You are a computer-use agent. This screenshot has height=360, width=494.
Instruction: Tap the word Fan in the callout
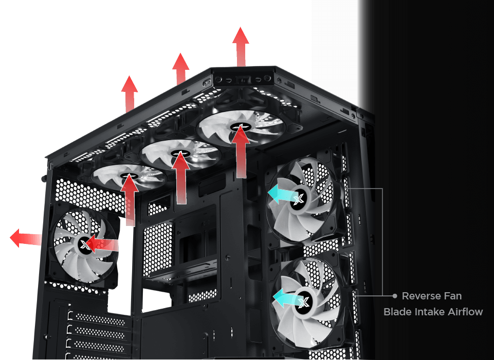(x=453, y=296)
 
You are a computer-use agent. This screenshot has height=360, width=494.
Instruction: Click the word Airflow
(x=465, y=312)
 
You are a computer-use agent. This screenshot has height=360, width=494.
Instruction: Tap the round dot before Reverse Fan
(x=395, y=296)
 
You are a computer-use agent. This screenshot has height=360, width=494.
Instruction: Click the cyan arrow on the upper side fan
(x=283, y=194)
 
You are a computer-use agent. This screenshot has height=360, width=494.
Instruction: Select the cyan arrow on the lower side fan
(x=288, y=297)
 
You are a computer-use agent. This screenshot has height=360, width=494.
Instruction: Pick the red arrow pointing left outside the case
(x=26, y=238)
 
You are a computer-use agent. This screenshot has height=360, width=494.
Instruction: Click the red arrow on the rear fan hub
(x=102, y=243)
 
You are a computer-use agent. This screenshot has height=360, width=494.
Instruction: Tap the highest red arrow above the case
(x=241, y=47)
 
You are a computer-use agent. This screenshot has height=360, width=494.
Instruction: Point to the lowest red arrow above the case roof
(x=130, y=94)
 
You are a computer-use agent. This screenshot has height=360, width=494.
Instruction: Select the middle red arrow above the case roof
(x=180, y=69)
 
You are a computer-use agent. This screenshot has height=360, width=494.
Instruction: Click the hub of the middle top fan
(x=180, y=154)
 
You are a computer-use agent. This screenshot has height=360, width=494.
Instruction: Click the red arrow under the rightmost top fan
(x=241, y=151)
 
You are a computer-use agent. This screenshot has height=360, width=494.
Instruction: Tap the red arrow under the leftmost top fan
(x=130, y=200)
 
